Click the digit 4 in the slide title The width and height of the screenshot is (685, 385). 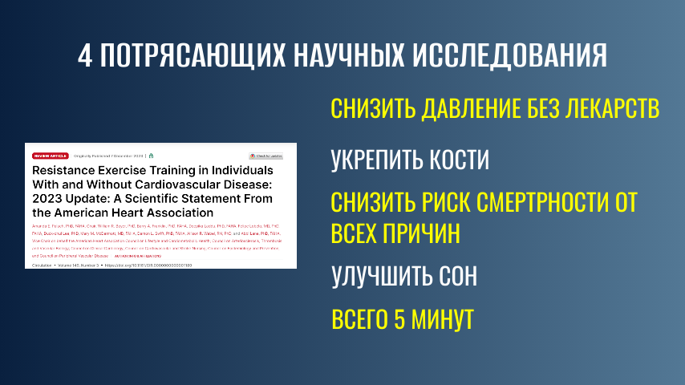point(87,55)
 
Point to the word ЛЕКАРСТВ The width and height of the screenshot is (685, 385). point(610,109)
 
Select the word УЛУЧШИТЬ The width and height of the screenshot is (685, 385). point(378,276)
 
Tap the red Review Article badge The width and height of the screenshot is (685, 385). point(47,155)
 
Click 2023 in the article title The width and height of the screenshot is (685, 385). point(48,199)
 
